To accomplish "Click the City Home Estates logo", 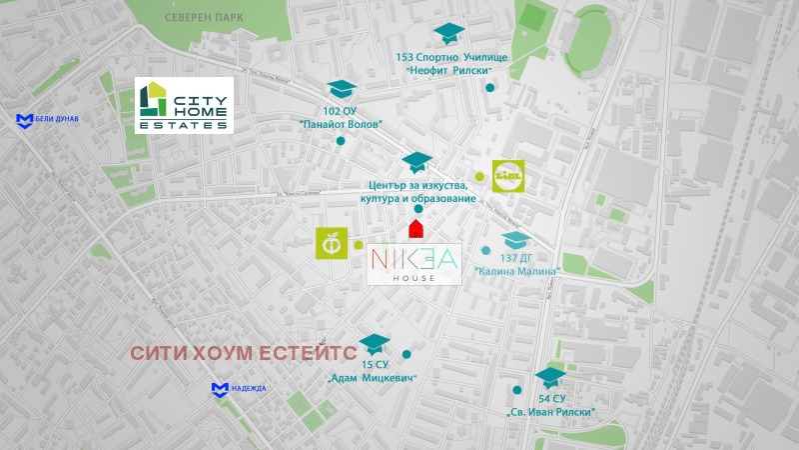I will [184, 105].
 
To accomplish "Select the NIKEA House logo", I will [414, 264].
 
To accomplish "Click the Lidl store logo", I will [508, 176].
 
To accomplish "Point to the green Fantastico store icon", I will [329, 244].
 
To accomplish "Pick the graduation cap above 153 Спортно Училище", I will [448, 34].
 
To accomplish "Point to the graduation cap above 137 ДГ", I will [515, 240].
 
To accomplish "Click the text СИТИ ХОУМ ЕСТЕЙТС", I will [243, 355].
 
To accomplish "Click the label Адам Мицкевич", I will [373, 378].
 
